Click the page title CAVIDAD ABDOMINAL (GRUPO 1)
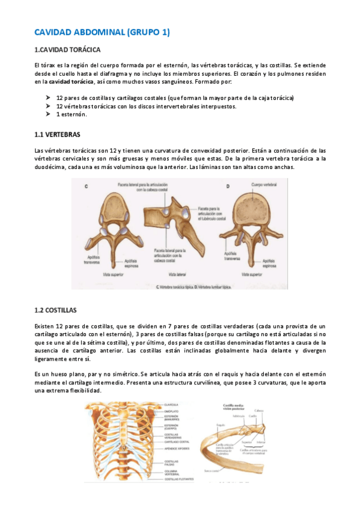pyautogui.click(x=102, y=32)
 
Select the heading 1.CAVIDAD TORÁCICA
pyautogui.click(x=67, y=49)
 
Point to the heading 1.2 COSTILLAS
pyautogui.click(x=56, y=310)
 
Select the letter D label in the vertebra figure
pyautogui.click(x=228, y=186)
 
